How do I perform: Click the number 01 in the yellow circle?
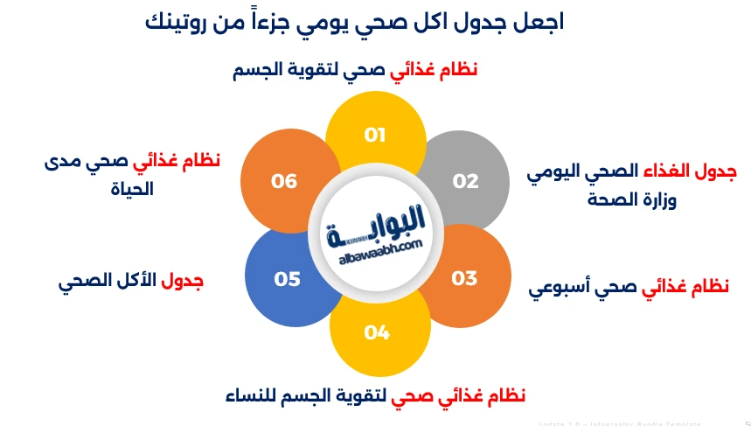pos(375,135)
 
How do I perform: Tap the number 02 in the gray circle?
pos(465,181)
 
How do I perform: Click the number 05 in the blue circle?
pos(287,279)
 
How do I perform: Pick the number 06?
pos(284,181)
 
